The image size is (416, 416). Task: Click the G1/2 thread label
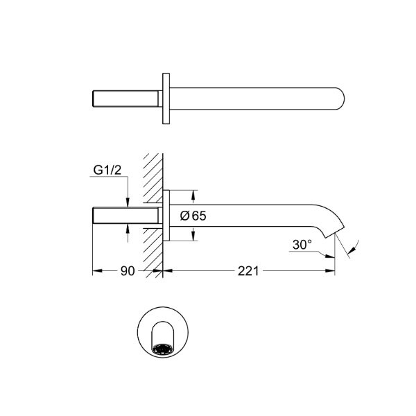pos(107,170)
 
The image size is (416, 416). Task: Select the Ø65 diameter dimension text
pos(193,216)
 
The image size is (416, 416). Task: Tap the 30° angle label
pos(302,245)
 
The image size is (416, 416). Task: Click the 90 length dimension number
pos(128,271)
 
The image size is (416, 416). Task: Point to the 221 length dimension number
pos(248,271)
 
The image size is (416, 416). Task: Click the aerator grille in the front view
pos(163,349)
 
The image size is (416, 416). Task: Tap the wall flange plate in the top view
pos(166,98)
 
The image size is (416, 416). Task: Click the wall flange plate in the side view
pos(166,216)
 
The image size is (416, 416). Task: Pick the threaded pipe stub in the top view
pos(125,98)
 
